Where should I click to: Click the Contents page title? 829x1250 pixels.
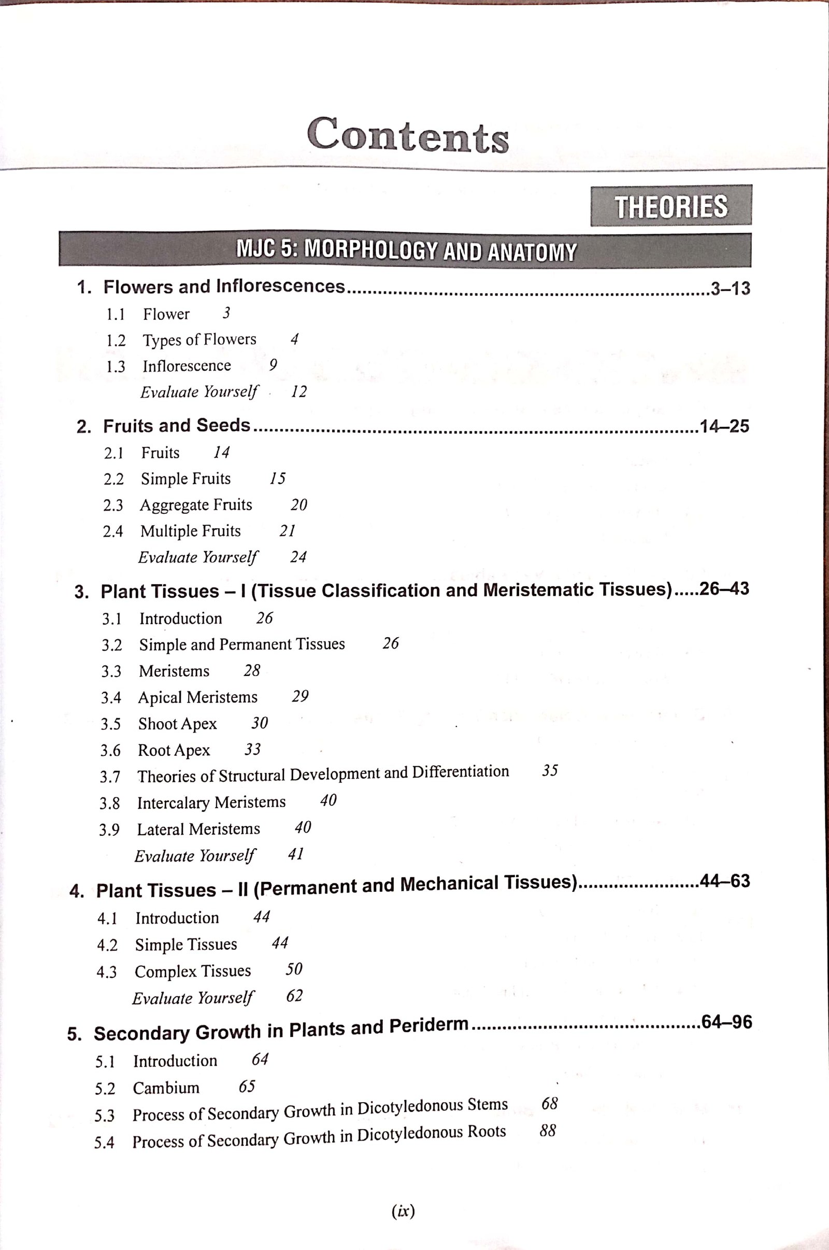(x=408, y=135)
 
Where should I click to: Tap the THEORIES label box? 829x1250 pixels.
(x=670, y=206)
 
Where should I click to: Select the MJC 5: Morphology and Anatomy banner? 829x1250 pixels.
(x=405, y=250)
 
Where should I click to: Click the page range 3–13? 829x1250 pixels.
(x=730, y=288)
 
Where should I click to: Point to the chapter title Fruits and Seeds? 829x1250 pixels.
(x=176, y=426)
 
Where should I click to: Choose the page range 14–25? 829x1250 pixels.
(x=724, y=426)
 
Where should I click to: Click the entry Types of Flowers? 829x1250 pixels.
(x=199, y=340)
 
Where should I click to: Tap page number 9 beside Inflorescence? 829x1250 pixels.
(x=273, y=365)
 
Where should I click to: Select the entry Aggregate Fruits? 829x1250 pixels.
(x=196, y=504)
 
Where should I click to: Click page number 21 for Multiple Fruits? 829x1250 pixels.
(x=287, y=530)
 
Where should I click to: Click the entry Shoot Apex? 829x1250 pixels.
(x=178, y=724)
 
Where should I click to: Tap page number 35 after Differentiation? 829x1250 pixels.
(x=550, y=771)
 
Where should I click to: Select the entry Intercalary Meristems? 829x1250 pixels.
(x=211, y=803)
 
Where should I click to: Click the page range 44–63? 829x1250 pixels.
(x=724, y=881)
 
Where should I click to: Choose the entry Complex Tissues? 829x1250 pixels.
(x=192, y=971)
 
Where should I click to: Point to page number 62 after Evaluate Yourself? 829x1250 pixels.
(x=294, y=996)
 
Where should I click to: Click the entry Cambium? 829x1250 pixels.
(x=166, y=1088)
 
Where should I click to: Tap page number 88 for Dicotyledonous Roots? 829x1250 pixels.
(x=548, y=1131)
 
